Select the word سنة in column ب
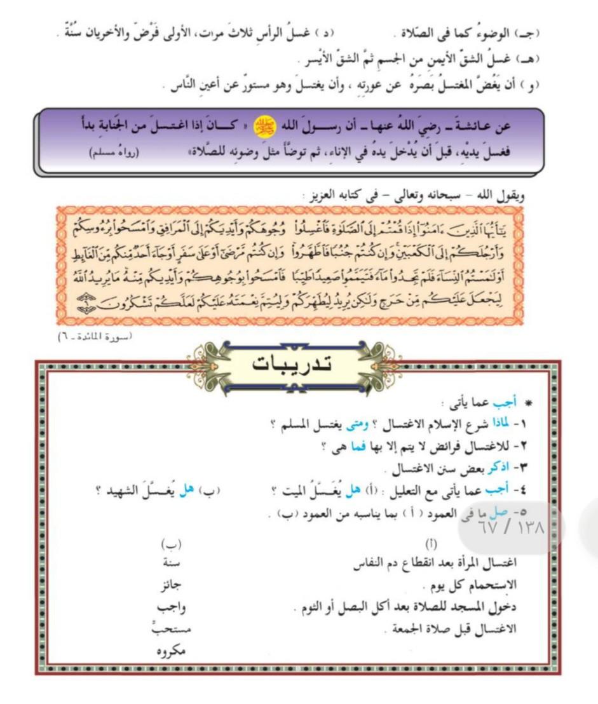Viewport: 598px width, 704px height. (172, 562)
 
